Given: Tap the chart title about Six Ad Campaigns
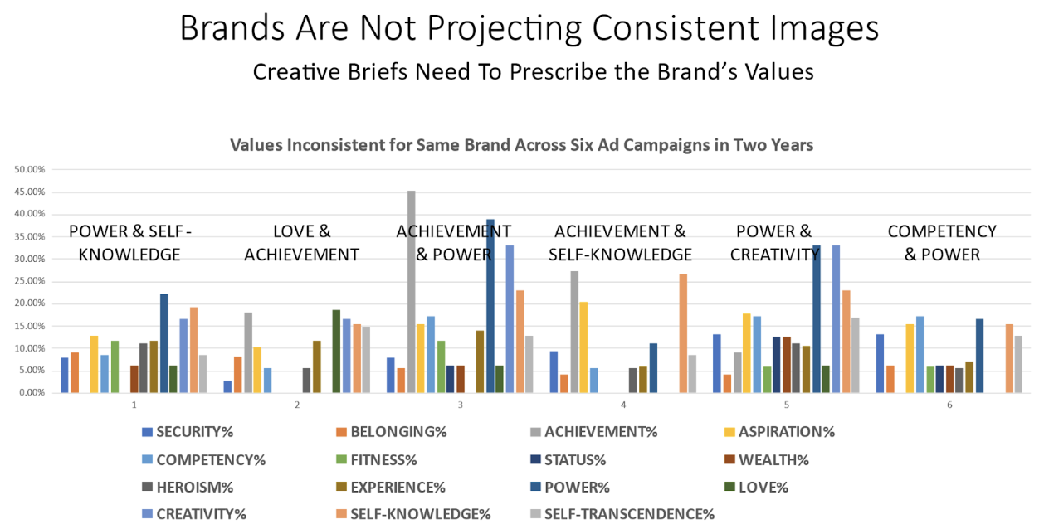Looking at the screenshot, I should coord(521,145).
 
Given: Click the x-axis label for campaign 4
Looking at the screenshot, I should coord(622,405).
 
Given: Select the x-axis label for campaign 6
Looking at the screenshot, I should coord(949,405).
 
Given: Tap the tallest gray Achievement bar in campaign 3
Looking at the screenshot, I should coord(411,290).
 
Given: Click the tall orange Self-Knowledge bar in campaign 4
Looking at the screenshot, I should coord(683,332).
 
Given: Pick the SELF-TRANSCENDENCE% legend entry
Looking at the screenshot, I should coord(623,514).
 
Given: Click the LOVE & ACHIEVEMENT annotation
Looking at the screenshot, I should coord(301,243).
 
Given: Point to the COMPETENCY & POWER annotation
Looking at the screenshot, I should coord(941,243).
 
